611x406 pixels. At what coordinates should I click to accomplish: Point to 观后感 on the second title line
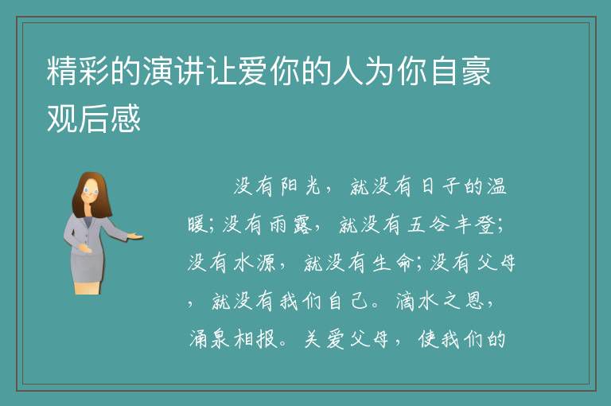[94, 118]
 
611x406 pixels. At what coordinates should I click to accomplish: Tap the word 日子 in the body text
[440, 186]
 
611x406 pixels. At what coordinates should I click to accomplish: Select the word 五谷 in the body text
[428, 224]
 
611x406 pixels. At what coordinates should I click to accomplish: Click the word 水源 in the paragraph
[254, 263]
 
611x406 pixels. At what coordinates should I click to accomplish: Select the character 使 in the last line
[428, 339]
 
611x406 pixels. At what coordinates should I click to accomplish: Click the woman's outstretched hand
[135, 236]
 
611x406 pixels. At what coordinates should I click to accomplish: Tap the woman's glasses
[90, 191]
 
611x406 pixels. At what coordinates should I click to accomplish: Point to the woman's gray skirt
[88, 267]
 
